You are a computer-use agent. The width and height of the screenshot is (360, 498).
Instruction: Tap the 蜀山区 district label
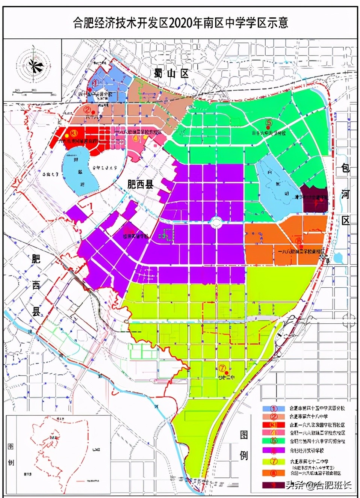coord(171,73)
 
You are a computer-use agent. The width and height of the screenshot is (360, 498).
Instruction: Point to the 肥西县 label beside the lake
coord(141,184)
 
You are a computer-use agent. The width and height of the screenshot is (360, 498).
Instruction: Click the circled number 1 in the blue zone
coord(95,83)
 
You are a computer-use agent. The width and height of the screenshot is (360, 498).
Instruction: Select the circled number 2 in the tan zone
coord(87,110)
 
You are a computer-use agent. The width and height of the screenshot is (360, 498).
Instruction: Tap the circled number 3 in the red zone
coord(74,133)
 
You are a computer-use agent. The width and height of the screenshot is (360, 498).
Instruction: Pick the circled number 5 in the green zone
coord(268,122)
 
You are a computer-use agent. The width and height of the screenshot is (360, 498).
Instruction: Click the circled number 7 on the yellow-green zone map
coord(222,368)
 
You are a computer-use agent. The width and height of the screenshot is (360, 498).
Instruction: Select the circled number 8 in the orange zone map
coord(299,241)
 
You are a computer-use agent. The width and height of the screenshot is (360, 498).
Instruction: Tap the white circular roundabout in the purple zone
coord(216,223)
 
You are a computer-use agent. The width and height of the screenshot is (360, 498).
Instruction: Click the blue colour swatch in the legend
coord(274,408)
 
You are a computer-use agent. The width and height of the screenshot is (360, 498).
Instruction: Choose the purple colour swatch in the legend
coord(274,450)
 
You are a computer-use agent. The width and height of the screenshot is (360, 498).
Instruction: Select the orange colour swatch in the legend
coord(274,473)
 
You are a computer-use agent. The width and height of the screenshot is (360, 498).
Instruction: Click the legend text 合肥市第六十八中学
coord(309,417)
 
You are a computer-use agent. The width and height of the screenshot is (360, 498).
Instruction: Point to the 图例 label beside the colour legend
coord(244,445)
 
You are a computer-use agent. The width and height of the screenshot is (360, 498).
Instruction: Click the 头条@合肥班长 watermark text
coord(319,485)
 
